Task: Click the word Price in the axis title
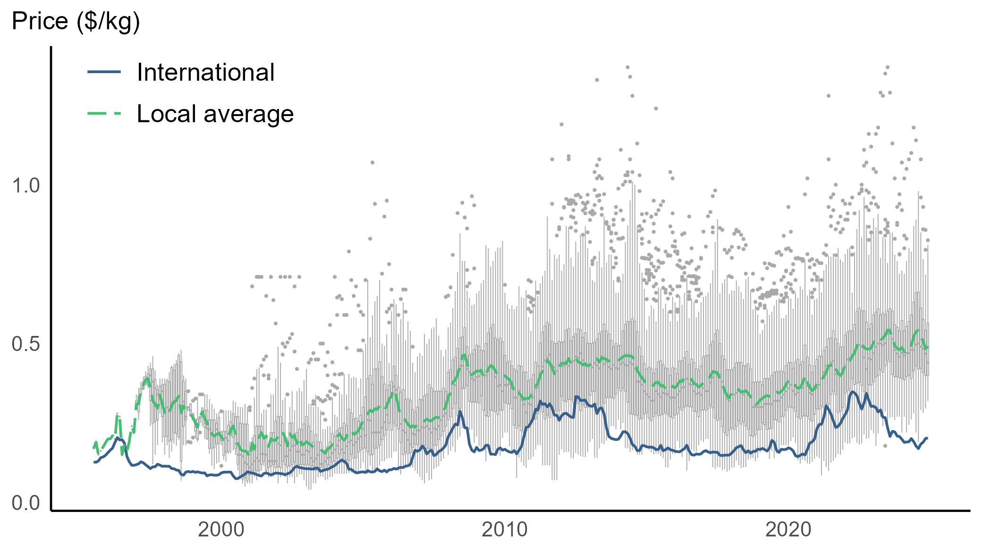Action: pyautogui.click(x=40, y=21)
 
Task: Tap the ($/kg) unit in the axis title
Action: pyautogui.click(x=108, y=22)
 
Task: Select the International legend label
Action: pyautogui.click(x=205, y=72)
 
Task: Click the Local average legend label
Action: pyautogui.click(x=215, y=114)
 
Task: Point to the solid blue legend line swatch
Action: pyautogui.click(x=104, y=72)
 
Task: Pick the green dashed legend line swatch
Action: pyautogui.click(x=104, y=113)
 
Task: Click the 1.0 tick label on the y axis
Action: pyautogui.click(x=26, y=186)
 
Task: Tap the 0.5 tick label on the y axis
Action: pyautogui.click(x=26, y=344)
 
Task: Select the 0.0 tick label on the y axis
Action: pyautogui.click(x=26, y=503)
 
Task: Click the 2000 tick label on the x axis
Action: pyautogui.click(x=221, y=530)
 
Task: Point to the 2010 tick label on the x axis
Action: pyautogui.click(x=504, y=530)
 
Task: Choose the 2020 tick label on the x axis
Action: pyautogui.click(x=788, y=530)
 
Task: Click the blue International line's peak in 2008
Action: pyautogui.click(x=459, y=411)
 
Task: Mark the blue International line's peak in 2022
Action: pyautogui.click(x=853, y=392)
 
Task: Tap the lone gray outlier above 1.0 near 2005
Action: pyautogui.click(x=372, y=162)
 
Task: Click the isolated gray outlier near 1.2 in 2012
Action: pyautogui.click(x=561, y=125)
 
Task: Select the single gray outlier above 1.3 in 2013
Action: pyautogui.click(x=597, y=80)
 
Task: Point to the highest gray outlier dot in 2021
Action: pyautogui.click(x=828, y=96)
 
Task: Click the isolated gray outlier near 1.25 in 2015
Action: pyautogui.click(x=656, y=109)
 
